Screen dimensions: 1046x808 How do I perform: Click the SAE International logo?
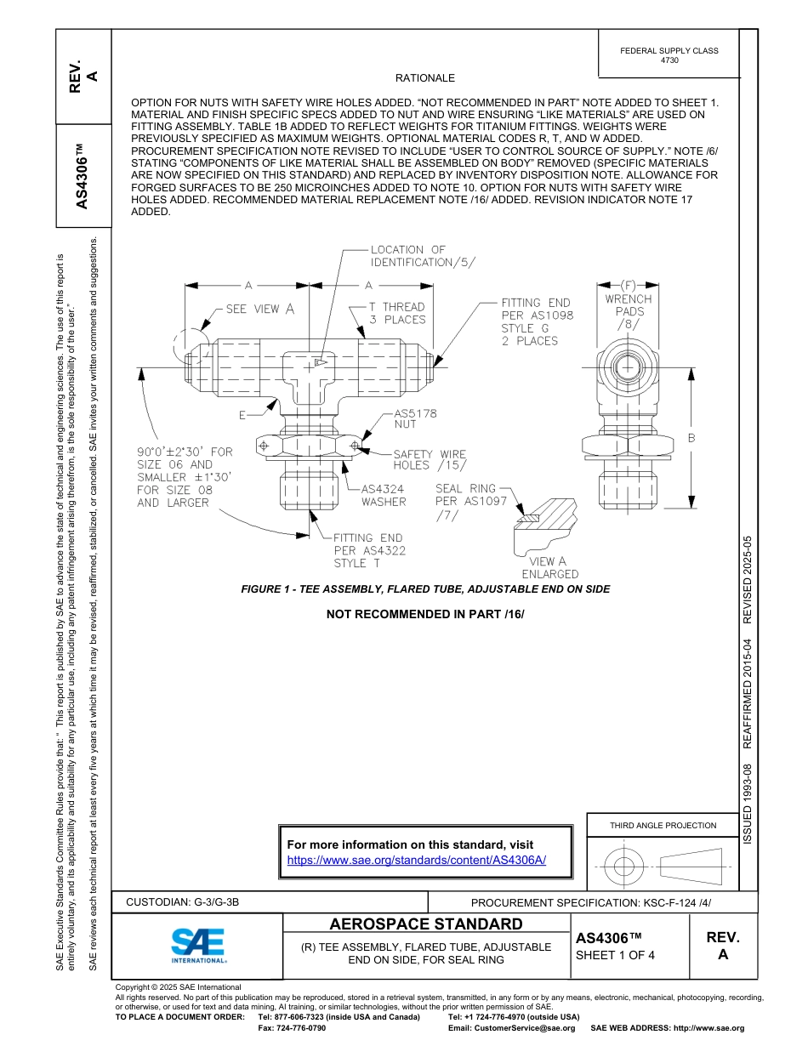coord(197,945)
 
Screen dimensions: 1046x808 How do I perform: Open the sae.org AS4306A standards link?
coord(417,860)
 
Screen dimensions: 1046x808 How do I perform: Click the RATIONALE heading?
coord(425,78)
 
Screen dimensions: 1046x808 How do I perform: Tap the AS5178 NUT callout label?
coord(415,419)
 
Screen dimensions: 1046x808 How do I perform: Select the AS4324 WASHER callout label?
coord(384,496)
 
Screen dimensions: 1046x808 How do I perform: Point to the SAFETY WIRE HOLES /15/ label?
coord(430,460)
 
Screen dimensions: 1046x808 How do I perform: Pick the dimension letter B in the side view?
coord(691,438)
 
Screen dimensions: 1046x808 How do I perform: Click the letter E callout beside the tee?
coord(242,415)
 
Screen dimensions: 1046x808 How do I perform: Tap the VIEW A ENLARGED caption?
coord(549,568)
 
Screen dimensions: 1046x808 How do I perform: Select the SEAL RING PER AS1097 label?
coord(470,502)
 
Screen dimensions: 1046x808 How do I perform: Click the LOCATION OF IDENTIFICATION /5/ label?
coord(412,256)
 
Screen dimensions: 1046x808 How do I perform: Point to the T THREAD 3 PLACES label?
coord(396,313)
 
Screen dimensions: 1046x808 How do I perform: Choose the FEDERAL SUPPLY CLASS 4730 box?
coord(669,55)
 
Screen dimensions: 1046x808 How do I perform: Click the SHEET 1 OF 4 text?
coord(615,955)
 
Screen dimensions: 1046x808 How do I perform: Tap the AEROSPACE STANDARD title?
coord(426,924)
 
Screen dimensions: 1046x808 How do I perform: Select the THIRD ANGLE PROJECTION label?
coord(663,825)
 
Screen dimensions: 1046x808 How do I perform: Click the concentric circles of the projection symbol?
coord(624,867)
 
